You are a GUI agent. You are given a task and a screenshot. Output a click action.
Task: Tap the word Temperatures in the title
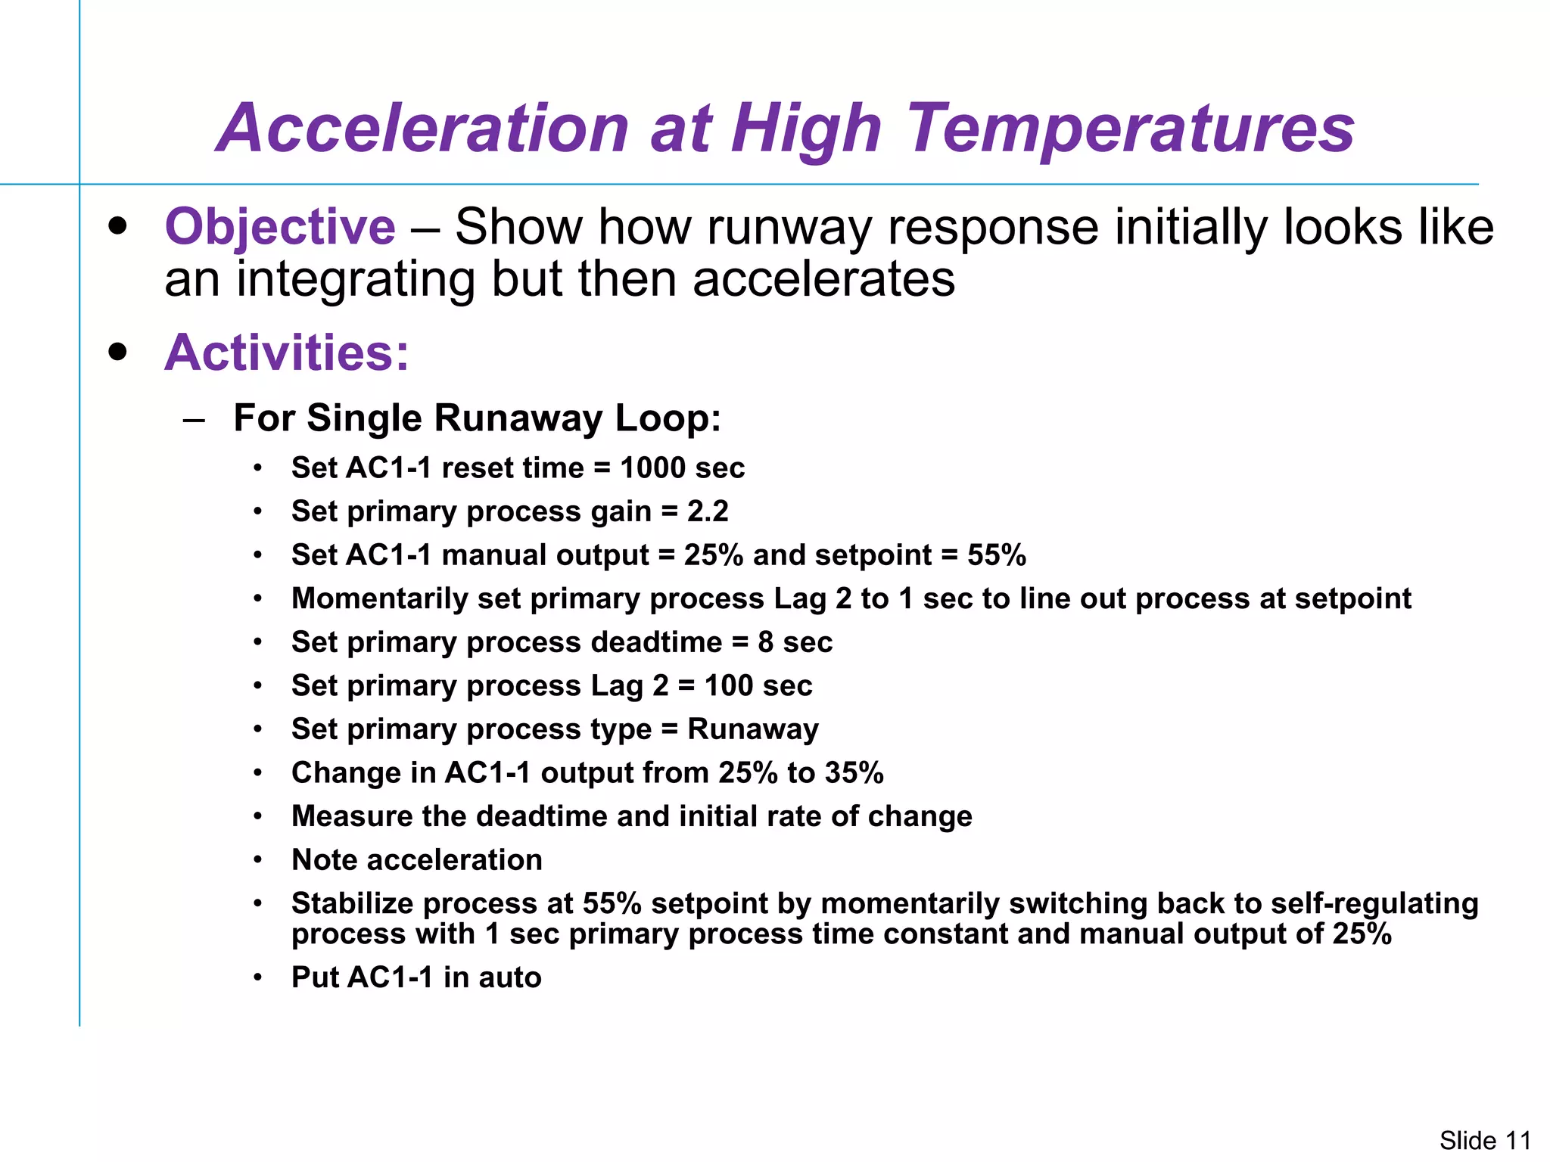click(1131, 129)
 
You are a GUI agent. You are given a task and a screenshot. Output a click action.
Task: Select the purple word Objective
click(280, 227)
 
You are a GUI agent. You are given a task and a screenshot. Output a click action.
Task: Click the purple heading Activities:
click(286, 353)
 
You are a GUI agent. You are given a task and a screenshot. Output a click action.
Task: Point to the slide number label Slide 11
click(1484, 1139)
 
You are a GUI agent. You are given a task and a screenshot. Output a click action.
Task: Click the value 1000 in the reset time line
click(652, 468)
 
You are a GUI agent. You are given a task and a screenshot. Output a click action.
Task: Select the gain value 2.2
click(708, 512)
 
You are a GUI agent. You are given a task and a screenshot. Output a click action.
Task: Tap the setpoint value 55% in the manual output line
click(996, 555)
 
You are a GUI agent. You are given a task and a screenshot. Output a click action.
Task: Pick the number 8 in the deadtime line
click(765, 642)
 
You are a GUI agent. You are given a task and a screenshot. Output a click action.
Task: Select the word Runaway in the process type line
click(753, 729)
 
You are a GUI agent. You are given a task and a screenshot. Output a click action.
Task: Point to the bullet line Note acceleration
click(416, 860)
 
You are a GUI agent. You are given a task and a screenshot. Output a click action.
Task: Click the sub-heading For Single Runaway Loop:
click(477, 418)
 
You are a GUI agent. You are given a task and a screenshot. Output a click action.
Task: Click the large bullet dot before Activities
click(117, 352)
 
